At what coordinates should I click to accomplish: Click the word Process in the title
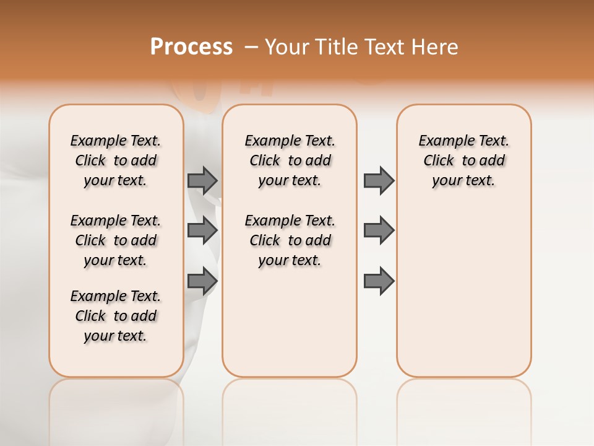pyautogui.click(x=191, y=47)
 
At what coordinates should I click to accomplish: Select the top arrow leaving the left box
pyautogui.click(x=202, y=180)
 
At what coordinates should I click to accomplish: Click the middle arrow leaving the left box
pyautogui.click(x=202, y=230)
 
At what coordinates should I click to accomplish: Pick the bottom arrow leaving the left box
pyautogui.click(x=202, y=281)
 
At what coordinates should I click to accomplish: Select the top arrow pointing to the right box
pyautogui.click(x=379, y=180)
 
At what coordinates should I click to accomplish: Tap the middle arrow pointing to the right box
pyautogui.click(x=379, y=230)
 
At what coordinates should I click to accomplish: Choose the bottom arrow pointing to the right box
pyautogui.click(x=379, y=281)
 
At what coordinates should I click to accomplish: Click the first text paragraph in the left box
pyautogui.click(x=116, y=160)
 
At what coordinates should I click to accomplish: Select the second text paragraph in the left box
pyautogui.click(x=116, y=240)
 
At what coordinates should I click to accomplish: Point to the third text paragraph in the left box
pyautogui.click(x=116, y=316)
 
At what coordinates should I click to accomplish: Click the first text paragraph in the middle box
pyautogui.click(x=290, y=160)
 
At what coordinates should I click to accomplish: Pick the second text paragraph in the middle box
pyautogui.click(x=290, y=240)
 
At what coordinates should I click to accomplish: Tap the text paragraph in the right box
pyautogui.click(x=464, y=160)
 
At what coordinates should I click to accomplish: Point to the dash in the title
pyautogui.click(x=251, y=47)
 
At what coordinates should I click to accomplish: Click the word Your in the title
pyautogui.click(x=286, y=47)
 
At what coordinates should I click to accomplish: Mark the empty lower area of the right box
pyautogui.click(x=464, y=291)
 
